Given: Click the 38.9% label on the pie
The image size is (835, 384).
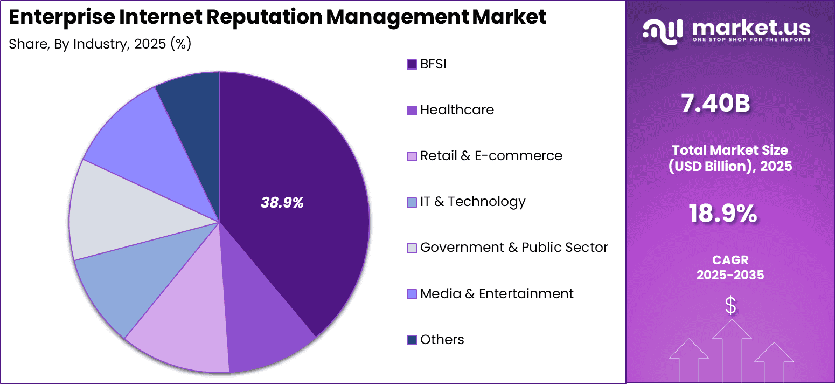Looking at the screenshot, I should coord(282,203).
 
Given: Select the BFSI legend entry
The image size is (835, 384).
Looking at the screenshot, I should coord(433,64).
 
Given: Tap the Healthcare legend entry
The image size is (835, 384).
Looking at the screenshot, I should coord(456,110).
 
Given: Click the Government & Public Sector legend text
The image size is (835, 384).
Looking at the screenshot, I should coord(514,248).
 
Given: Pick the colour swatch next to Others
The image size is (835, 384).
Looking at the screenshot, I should coord(412,340).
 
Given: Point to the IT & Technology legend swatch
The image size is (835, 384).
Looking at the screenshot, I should coord(412,202).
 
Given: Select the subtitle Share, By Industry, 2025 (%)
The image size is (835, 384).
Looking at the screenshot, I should coord(100,44).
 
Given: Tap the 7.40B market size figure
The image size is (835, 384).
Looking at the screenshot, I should coord(716,104).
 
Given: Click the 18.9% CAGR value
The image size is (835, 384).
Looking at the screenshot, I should coord(723,214).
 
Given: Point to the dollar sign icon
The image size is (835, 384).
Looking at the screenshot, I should coord(730,306).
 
